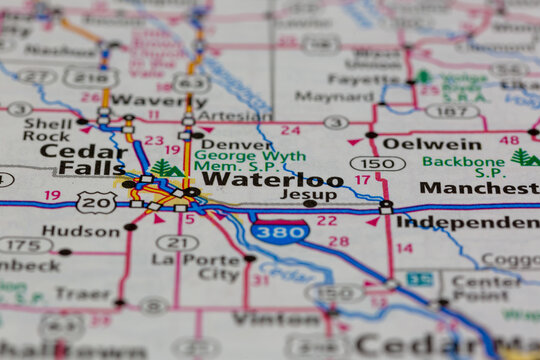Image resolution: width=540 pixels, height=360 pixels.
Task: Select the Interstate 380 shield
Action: [x=280, y=232]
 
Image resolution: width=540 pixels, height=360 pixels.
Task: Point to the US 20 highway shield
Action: [x=96, y=202]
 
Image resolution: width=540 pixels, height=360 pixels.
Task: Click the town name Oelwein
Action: [x=432, y=144]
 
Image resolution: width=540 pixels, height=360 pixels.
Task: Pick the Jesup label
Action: [x=308, y=194]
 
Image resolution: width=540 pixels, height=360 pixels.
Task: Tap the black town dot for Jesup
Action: [x=310, y=204]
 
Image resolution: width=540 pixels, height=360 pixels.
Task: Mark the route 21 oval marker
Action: [x=177, y=243]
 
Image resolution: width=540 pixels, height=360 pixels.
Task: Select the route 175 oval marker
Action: [x=25, y=245]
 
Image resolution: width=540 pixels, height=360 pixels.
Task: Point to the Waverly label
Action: [x=145, y=100]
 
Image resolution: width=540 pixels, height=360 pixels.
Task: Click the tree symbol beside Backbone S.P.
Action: [x=522, y=157]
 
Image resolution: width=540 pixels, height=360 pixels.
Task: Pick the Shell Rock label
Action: [x=47, y=129]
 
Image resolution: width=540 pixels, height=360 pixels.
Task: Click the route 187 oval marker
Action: [x=451, y=110]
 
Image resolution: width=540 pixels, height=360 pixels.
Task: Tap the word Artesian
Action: [x=234, y=116]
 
